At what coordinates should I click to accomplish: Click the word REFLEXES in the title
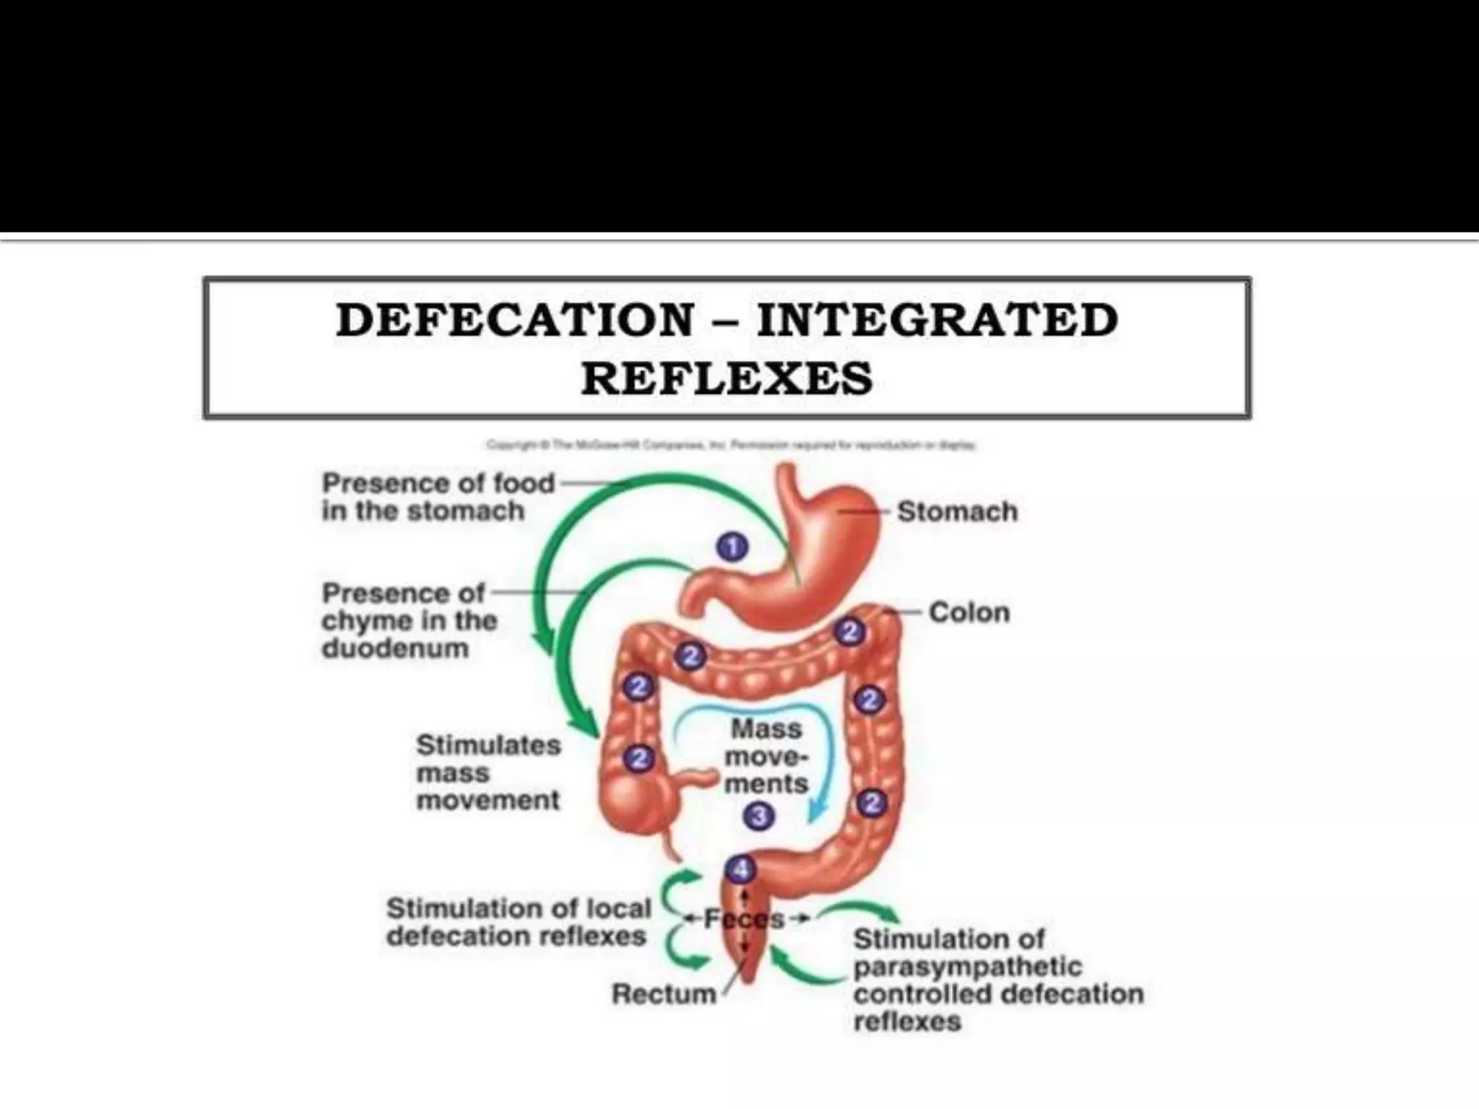point(727,379)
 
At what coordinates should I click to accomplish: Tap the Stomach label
point(957,512)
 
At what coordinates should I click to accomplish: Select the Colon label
point(968,613)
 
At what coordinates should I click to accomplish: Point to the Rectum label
point(664,994)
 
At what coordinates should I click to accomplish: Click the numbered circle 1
point(732,548)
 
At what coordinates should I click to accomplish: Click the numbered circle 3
point(758,817)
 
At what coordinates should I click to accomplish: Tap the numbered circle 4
point(741,871)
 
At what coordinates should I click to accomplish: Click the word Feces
point(744,919)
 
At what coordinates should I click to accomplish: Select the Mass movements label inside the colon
point(766,757)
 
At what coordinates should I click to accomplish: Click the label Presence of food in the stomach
point(438,497)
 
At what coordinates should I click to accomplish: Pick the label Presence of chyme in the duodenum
point(409,621)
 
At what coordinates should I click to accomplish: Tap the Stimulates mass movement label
point(488,773)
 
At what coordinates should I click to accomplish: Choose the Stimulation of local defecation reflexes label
point(518,922)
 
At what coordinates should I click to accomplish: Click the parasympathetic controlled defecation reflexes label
point(998,980)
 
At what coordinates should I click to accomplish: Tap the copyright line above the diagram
point(731,445)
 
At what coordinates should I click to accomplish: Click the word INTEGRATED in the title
point(937,321)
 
